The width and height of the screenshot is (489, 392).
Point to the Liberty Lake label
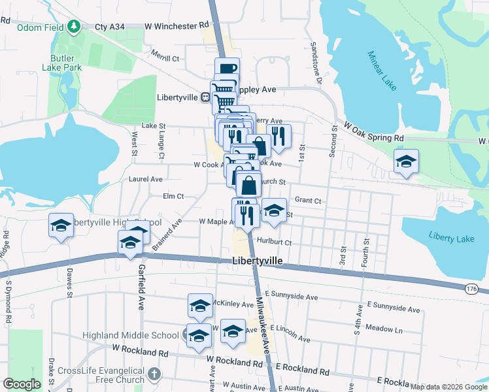(451, 238)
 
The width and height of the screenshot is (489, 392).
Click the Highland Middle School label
(130, 336)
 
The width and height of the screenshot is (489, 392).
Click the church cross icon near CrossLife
(154, 375)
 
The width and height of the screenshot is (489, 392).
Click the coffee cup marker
(227, 69)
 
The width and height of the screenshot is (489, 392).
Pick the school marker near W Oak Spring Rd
(406, 161)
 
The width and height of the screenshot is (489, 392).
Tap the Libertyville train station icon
(205, 97)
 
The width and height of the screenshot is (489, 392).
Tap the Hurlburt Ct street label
(274, 242)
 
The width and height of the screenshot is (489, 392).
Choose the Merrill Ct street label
(165, 58)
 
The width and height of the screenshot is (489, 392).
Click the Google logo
(22, 384)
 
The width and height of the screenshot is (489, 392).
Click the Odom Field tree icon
(75, 25)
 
